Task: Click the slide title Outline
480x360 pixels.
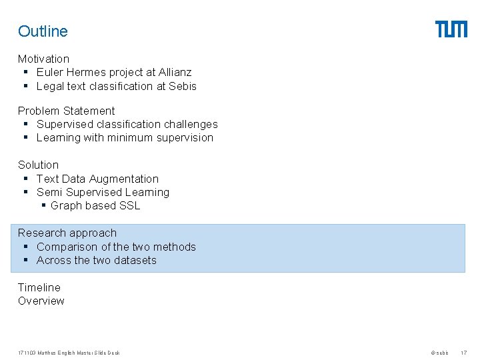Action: pyautogui.click(x=43, y=31)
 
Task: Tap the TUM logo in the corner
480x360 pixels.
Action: pyautogui.click(x=451, y=29)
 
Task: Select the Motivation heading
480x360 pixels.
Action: pyautogui.click(x=43, y=59)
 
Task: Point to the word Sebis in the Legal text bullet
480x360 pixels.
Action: pyautogui.click(x=183, y=86)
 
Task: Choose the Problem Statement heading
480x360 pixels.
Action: pyautogui.click(x=66, y=111)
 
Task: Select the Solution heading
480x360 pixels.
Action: pyautogui.click(x=38, y=165)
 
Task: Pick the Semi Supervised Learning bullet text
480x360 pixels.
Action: pyautogui.click(x=103, y=192)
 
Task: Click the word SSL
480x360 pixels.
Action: pyautogui.click(x=129, y=205)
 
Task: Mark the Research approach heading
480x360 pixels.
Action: pyautogui.click(x=67, y=233)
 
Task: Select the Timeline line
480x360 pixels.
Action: pyautogui.click(x=39, y=287)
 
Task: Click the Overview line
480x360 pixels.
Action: pyautogui.click(x=41, y=301)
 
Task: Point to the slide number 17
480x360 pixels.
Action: pyautogui.click(x=464, y=353)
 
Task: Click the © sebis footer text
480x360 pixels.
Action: pyautogui.click(x=439, y=353)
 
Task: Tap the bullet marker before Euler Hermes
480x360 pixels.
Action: pyautogui.click(x=25, y=72)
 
